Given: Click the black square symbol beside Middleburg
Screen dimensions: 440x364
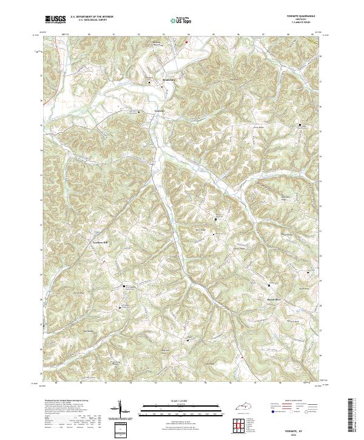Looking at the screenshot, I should tap(150, 80).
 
